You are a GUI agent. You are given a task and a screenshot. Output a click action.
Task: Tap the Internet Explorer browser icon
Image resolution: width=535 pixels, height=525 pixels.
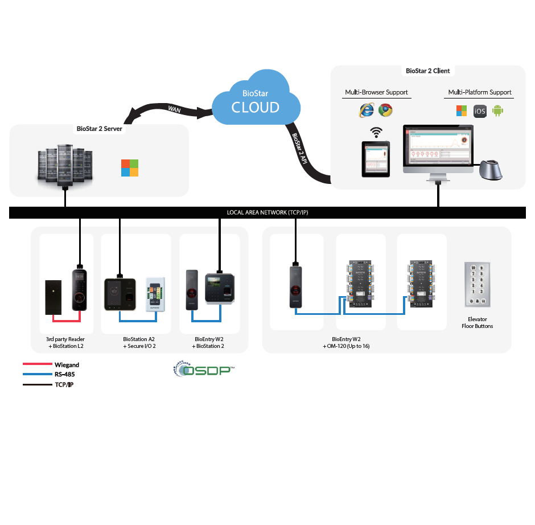(x=366, y=110)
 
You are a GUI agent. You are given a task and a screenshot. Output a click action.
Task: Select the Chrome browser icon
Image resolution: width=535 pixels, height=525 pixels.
(x=386, y=110)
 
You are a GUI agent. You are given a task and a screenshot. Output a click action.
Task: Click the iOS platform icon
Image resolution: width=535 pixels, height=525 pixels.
(x=480, y=111)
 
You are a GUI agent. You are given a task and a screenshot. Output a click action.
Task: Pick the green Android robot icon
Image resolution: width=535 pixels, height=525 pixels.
(x=499, y=110)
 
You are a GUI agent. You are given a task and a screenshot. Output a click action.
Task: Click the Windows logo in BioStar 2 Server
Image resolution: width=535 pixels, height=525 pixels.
(x=129, y=168)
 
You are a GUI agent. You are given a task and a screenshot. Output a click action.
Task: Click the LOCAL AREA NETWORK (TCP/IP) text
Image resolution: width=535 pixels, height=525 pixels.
(x=267, y=213)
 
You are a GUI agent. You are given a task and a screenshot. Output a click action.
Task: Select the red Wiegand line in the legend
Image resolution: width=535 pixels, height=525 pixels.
(x=37, y=364)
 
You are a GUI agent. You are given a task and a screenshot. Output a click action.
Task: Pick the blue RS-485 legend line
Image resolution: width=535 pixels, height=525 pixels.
(x=37, y=375)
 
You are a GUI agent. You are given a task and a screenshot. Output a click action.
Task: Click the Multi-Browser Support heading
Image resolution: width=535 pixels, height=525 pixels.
(x=376, y=92)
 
